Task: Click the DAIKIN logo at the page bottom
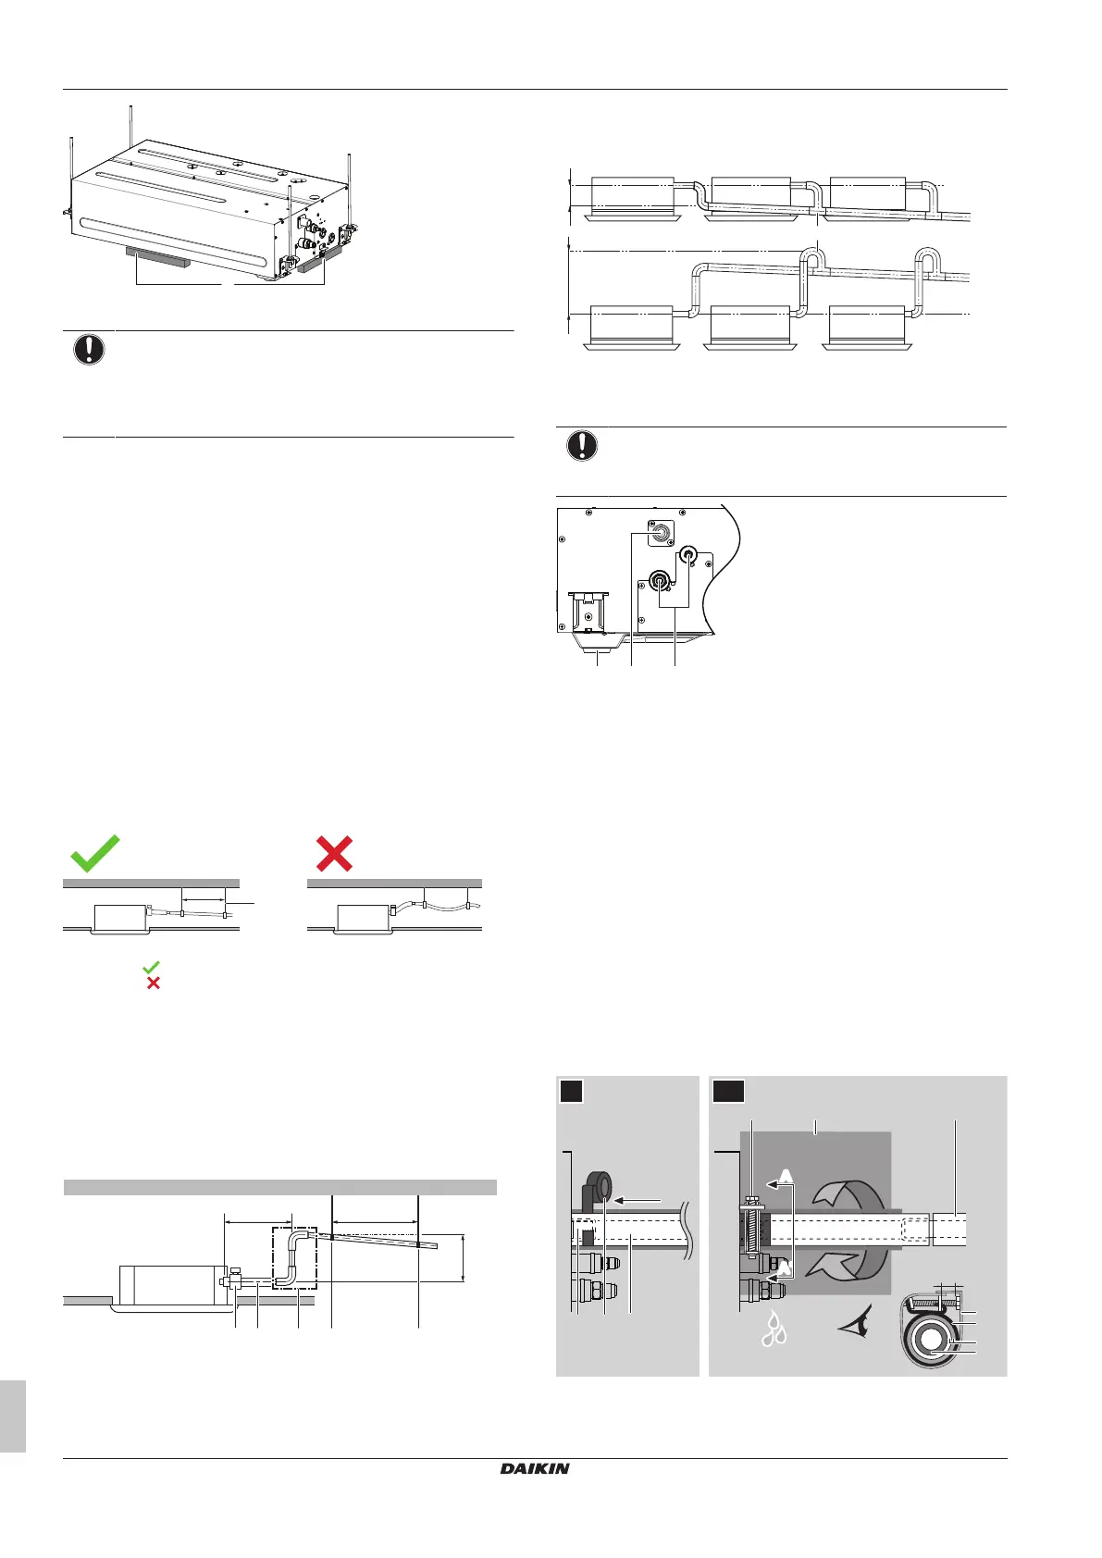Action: (x=535, y=1468)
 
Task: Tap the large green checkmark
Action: (x=95, y=853)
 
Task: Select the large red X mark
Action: (x=334, y=853)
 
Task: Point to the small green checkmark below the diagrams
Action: (x=151, y=967)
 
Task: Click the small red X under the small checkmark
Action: (x=153, y=983)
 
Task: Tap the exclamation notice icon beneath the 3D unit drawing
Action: (x=89, y=350)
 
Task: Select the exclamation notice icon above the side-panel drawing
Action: (x=581, y=446)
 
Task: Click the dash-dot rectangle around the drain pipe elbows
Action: (x=294, y=1258)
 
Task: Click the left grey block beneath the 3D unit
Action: (x=157, y=256)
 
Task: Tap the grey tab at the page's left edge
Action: (x=12, y=1416)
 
